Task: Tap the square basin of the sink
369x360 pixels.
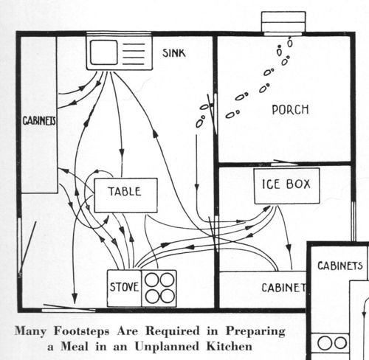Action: tap(103, 52)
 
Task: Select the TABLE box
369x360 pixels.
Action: tap(125, 194)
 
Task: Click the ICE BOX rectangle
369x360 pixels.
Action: tap(286, 186)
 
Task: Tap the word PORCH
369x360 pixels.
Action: tap(290, 110)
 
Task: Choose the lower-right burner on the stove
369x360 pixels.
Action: tap(168, 297)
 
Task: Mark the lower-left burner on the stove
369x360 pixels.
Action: tap(151, 297)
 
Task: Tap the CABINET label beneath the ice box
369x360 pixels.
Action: tap(282, 288)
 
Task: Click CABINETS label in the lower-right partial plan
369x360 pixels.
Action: tap(340, 266)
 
